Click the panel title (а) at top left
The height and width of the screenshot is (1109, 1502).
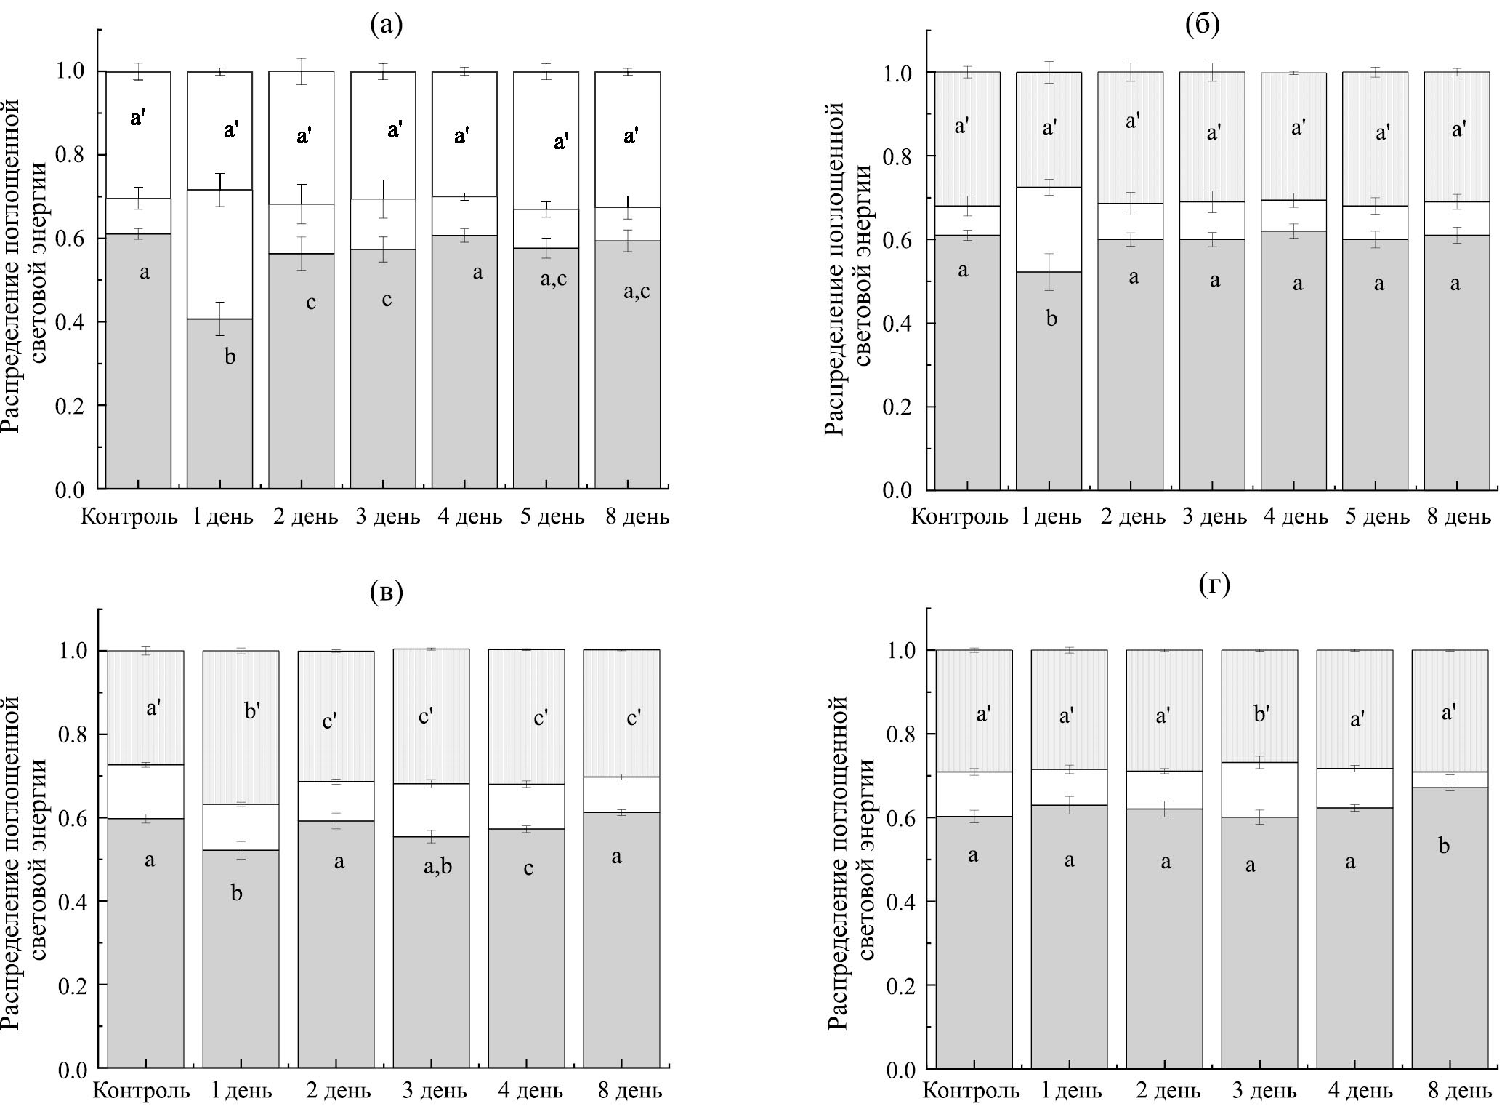pos(385,26)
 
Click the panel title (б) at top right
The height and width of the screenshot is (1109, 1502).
pos(1203,26)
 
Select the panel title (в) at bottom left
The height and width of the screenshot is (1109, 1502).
pos(385,593)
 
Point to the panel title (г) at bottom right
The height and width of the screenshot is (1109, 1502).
pos(1214,586)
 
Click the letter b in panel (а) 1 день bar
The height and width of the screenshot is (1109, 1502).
pos(230,356)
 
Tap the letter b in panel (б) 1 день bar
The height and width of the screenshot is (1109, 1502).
pos(1051,318)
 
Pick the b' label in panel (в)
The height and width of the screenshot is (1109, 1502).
pos(252,710)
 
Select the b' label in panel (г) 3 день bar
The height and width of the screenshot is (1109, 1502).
pos(1261,714)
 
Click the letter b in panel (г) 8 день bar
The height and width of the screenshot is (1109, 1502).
pos(1444,846)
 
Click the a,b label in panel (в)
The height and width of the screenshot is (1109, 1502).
pos(437,866)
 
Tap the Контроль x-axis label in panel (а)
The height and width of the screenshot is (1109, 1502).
pos(129,517)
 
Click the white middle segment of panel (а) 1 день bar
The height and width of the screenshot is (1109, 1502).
pos(220,255)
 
